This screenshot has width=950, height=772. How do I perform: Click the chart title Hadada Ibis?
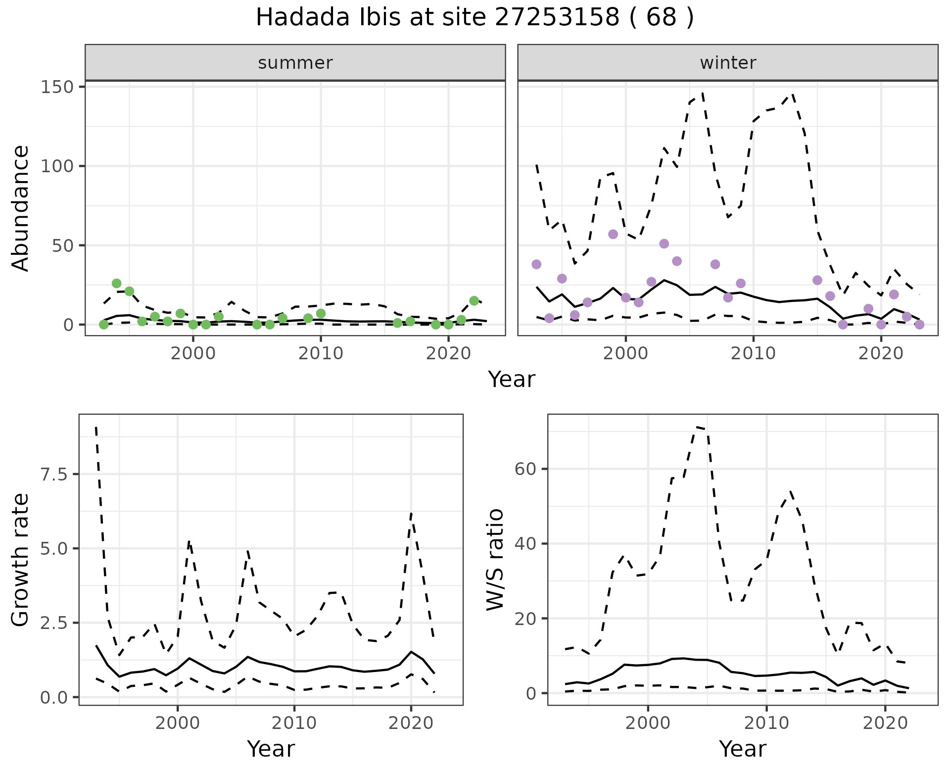(475, 18)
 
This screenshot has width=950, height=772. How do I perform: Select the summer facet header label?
(295, 63)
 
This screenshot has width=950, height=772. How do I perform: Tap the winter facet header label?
(727, 63)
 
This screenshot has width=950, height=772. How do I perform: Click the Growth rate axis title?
(21, 560)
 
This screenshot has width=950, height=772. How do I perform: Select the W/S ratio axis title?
(495, 560)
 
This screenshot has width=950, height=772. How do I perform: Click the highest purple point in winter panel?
(613, 234)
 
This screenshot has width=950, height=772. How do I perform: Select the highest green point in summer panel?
(116, 284)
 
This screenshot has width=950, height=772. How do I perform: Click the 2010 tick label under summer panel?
(321, 353)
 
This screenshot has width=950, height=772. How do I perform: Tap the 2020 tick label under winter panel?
(881, 353)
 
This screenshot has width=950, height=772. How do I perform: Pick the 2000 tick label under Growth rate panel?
(178, 723)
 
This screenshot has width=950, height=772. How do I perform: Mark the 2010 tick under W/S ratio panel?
(766, 723)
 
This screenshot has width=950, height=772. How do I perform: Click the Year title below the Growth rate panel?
(271, 749)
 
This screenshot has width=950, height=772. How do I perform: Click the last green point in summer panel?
(474, 301)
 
